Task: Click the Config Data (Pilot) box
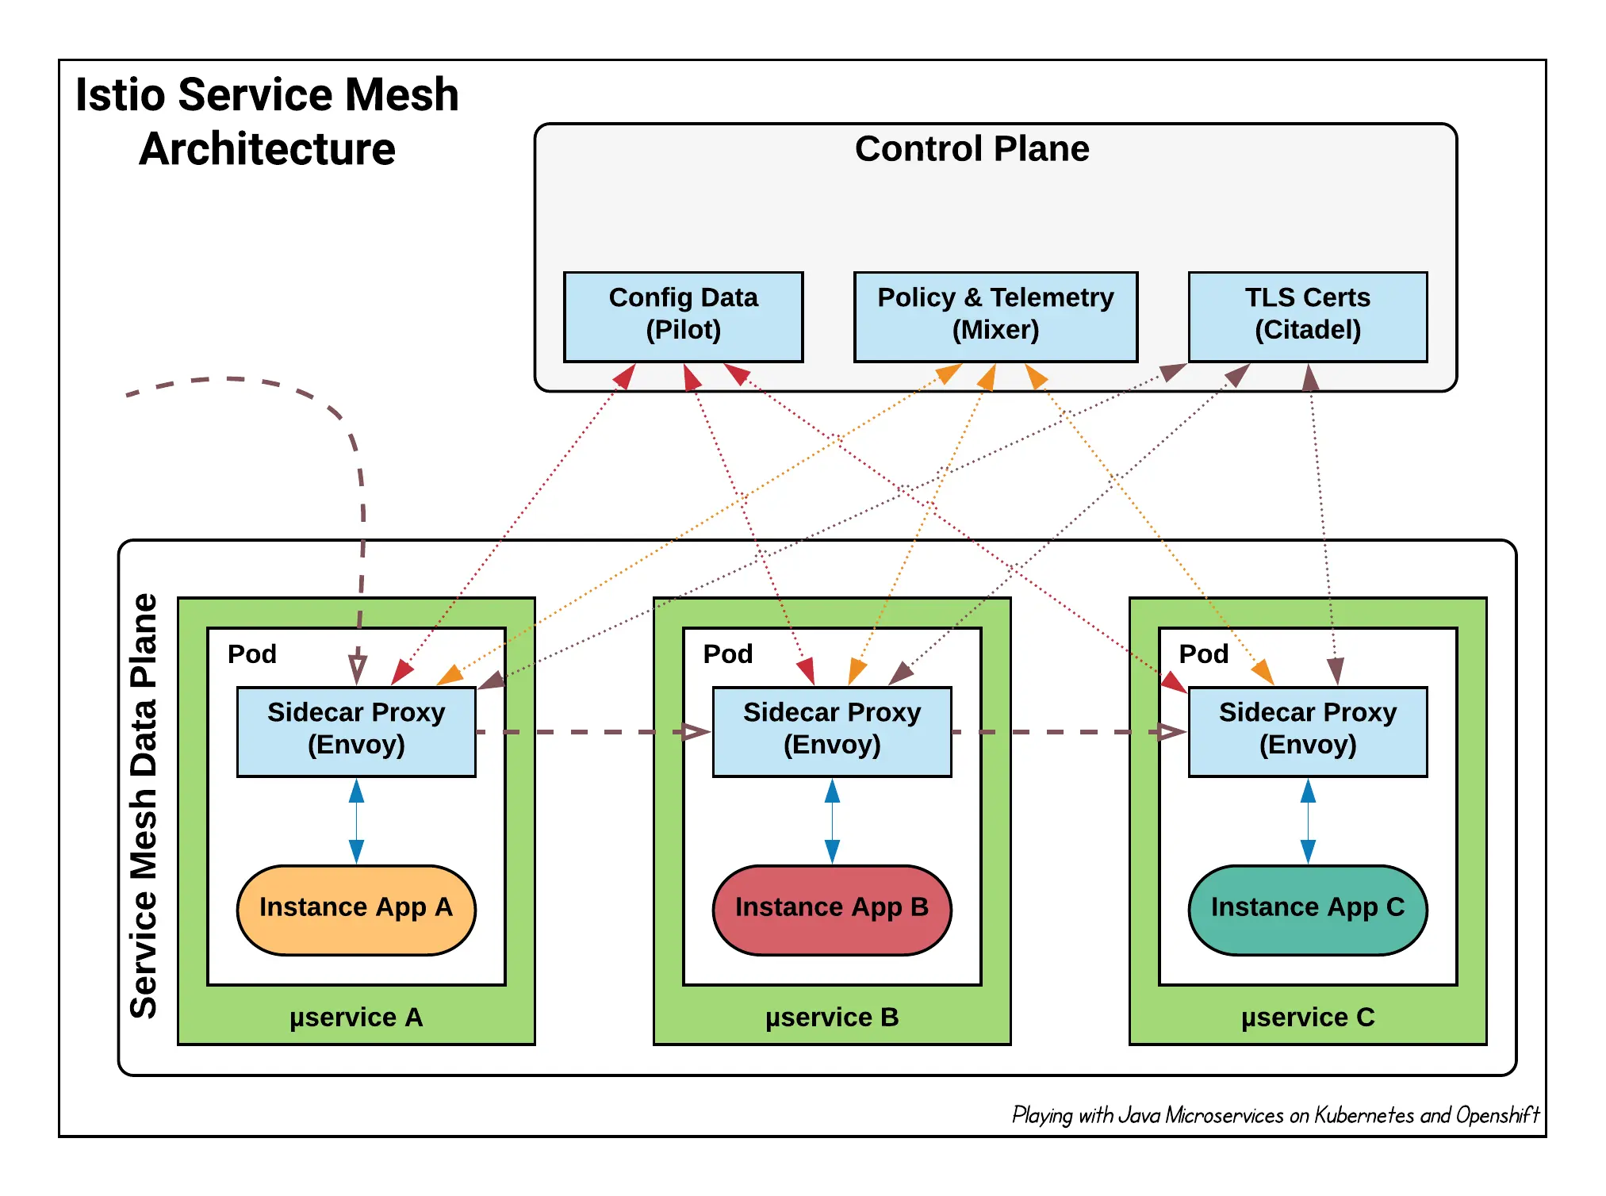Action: pyautogui.click(x=683, y=316)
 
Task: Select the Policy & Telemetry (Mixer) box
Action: pyautogui.click(x=995, y=316)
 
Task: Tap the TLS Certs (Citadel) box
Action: pyautogui.click(x=1307, y=316)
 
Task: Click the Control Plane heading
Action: pyautogui.click(x=972, y=149)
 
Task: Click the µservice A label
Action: pyautogui.click(x=356, y=1018)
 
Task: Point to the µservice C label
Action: pyautogui.click(x=1307, y=1018)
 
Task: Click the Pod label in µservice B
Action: pyautogui.click(x=727, y=654)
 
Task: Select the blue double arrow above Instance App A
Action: pyautogui.click(x=356, y=821)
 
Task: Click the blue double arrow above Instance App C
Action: pyautogui.click(x=1307, y=821)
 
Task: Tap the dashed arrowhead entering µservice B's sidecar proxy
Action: pyautogui.click(x=696, y=731)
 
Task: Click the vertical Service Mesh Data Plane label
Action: pyautogui.click(x=144, y=805)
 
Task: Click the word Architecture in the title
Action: pyautogui.click(x=267, y=149)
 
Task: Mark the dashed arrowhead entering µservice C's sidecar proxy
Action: pyautogui.click(x=1171, y=731)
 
